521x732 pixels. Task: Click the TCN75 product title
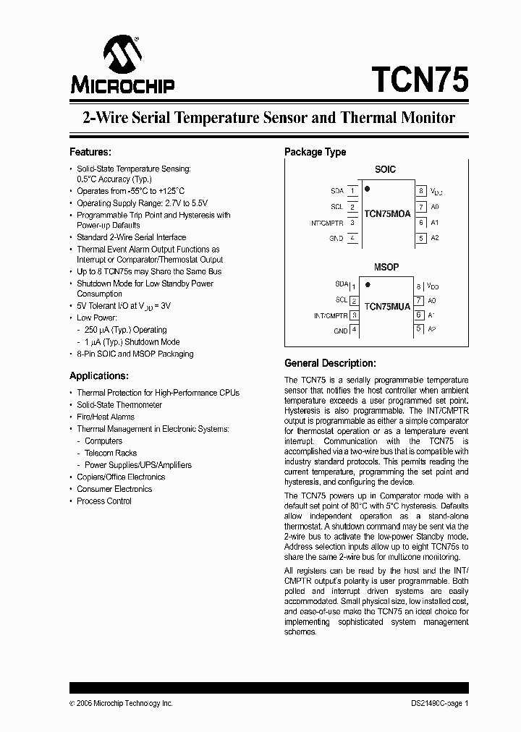(420, 79)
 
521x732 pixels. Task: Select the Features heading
(90, 152)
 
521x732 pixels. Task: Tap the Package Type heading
(315, 152)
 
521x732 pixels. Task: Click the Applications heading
(98, 375)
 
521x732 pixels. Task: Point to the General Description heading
(329, 363)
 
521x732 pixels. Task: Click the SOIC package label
(386, 169)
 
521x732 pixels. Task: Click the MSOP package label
(386, 267)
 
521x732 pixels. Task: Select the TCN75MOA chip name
(387, 214)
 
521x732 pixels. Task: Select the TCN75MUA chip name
(387, 307)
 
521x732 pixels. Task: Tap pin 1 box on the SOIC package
(352, 191)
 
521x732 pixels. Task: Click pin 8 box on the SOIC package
(420, 191)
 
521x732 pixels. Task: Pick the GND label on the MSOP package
(340, 331)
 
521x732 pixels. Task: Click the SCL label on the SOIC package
(336, 207)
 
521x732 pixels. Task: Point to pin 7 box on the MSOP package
(418, 300)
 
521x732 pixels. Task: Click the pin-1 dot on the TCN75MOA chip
(368, 190)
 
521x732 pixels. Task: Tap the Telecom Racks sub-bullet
(111, 453)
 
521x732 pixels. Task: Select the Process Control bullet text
(104, 501)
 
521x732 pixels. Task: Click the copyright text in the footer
(121, 703)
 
